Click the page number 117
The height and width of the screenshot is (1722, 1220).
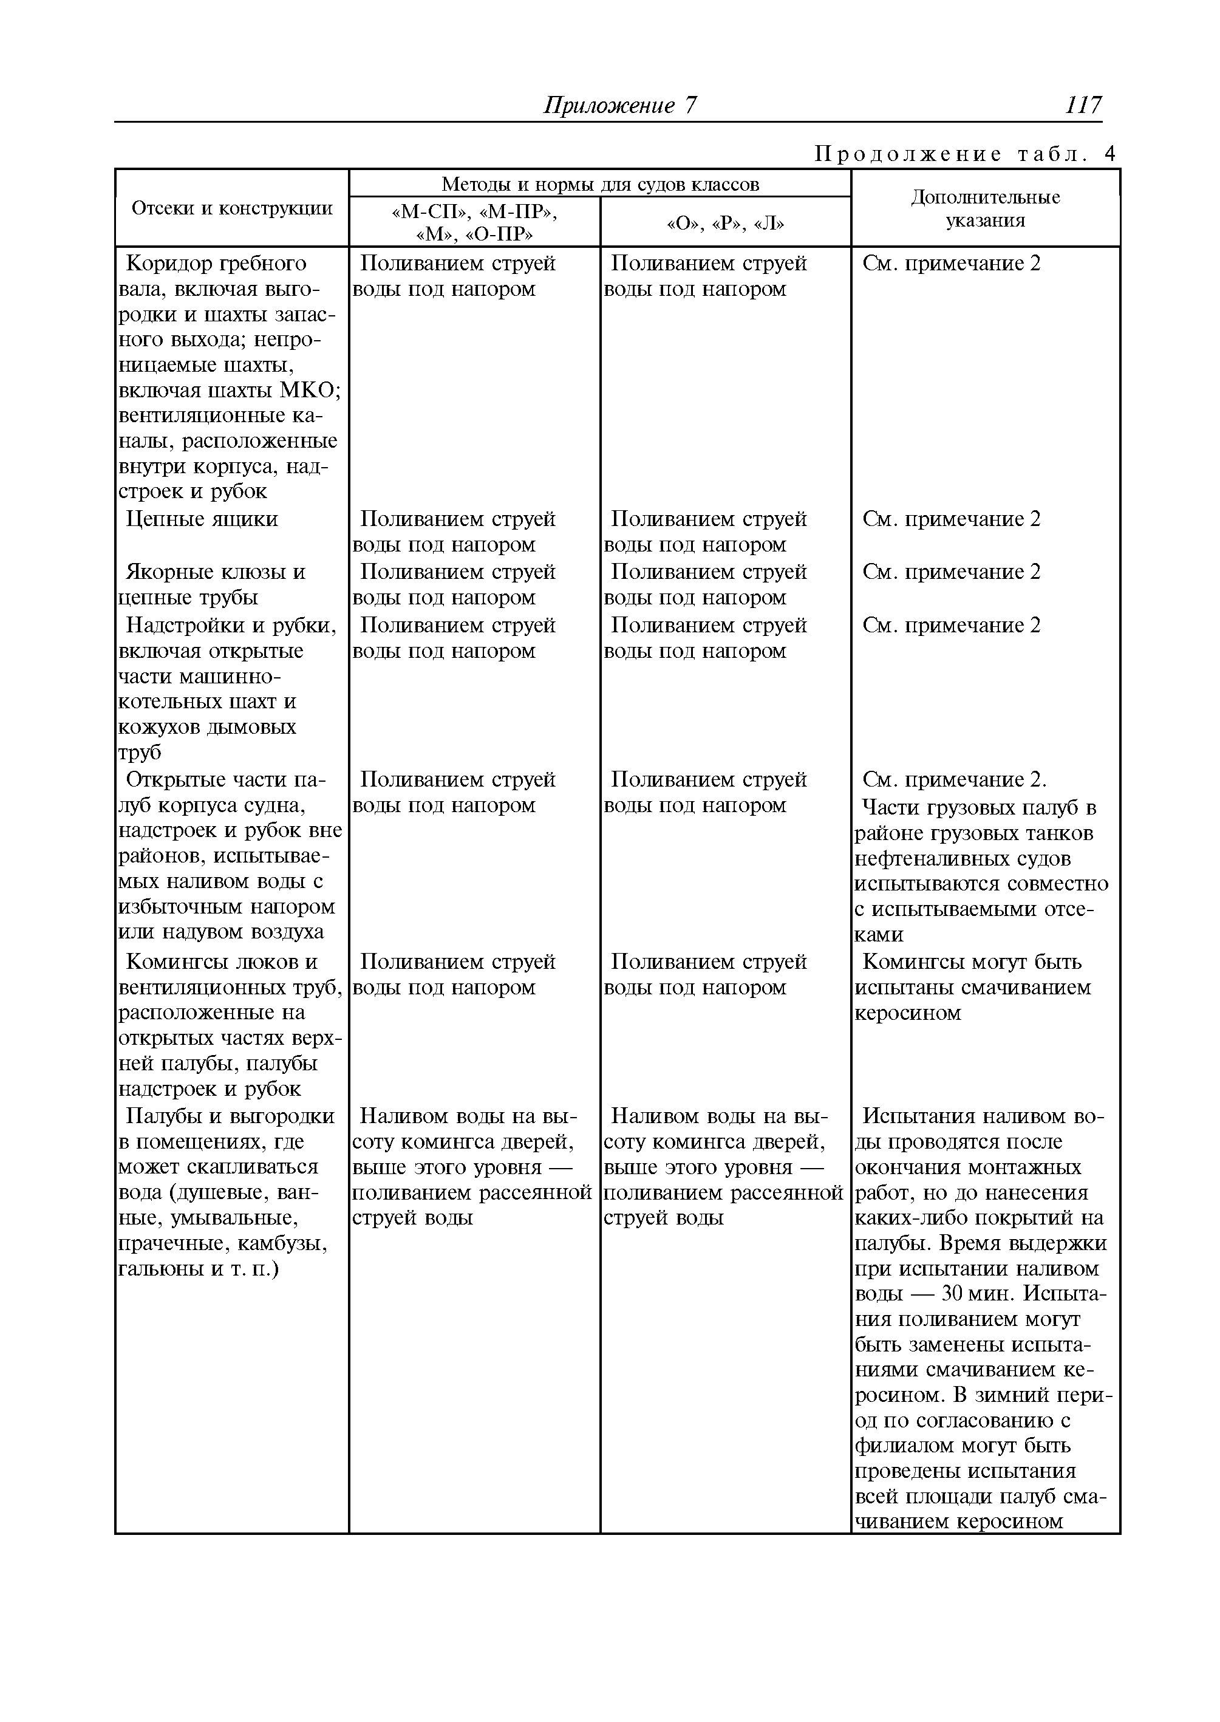[x=1083, y=104]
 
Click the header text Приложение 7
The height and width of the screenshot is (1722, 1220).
[x=621, y=105]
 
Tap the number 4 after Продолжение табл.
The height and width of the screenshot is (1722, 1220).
[x=1109, y=154]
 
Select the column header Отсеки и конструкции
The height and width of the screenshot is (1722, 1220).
[x=231, y=208]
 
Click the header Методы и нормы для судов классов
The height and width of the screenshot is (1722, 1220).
[x=599, y=183]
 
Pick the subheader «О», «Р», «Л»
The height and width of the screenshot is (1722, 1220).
[x=725, y=223]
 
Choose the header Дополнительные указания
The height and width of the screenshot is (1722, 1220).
[x=985, y=209]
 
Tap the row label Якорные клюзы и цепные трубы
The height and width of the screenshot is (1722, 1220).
[x=215, y=584]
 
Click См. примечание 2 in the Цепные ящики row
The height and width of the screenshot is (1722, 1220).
[x=951, y=519]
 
